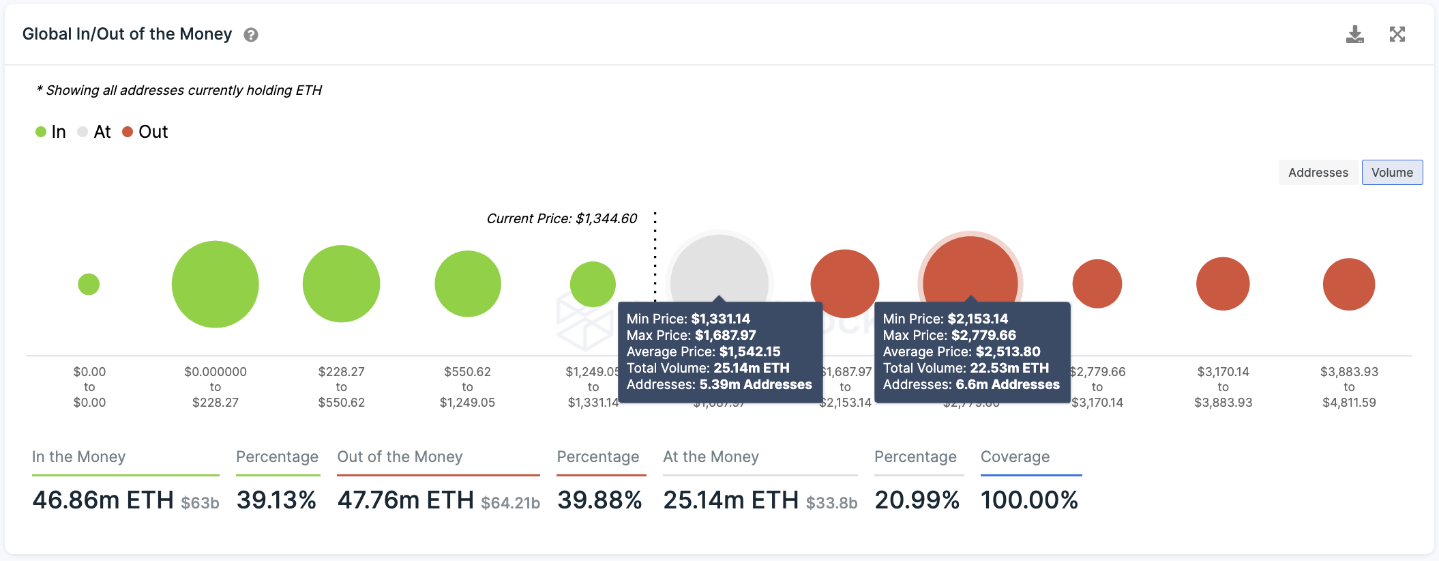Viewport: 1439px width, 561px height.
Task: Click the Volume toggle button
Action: pos(1392,173)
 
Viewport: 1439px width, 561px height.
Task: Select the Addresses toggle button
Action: pos(1318,173)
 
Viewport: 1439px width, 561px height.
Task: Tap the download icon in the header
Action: pos(1354,34)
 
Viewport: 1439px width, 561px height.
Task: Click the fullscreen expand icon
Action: pos(1397,34)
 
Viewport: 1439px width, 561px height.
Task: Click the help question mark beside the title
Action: pos(251,35)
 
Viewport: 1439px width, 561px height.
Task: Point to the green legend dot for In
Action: pos(41,132)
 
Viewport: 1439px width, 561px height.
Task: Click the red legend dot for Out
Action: pos(128,132)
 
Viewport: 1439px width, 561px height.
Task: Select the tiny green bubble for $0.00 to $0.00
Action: pos(89,284)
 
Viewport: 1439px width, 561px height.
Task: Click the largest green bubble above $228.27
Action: pos(215,284)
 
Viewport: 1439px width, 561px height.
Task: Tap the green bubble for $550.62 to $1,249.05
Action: pos(468,284)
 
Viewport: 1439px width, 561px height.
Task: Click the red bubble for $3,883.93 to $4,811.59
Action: pos(1348,284)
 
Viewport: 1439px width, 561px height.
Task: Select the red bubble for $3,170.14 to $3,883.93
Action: pos(1223,284)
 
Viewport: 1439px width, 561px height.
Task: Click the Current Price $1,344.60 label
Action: pos(562,218)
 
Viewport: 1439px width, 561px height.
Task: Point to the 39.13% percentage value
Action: pos(276,500)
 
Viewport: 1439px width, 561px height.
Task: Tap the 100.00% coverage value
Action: pos(1029,500)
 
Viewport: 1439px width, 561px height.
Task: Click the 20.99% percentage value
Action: pos(917,500)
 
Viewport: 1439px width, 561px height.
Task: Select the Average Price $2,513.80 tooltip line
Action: pos(962,351)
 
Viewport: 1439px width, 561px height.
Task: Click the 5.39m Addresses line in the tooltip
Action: pos(719,384)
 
